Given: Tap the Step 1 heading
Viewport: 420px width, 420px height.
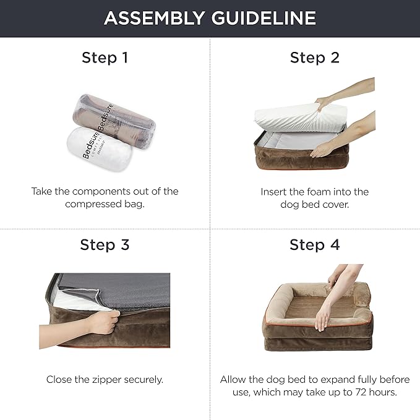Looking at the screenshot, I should tap(105, 58).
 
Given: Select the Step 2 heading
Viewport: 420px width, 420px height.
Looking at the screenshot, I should tap(315, 58).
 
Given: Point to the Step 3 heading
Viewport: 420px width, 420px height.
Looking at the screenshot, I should tap(105, 245).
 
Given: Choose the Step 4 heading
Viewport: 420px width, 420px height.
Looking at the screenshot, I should tap(315, 245).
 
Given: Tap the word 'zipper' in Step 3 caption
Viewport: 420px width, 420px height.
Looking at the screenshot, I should tap(106, 380).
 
